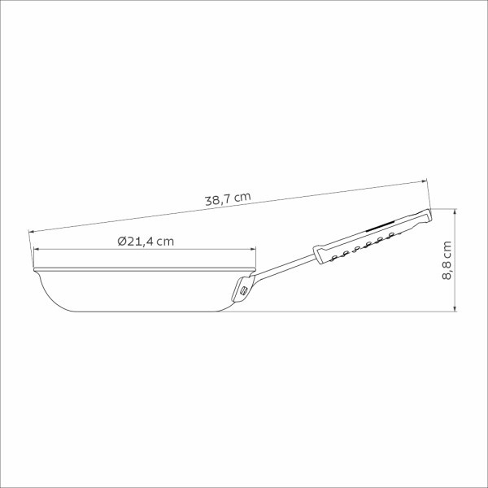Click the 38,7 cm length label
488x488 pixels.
click(227, 197)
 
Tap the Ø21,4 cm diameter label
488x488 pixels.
click(146, 242)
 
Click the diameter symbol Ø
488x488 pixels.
click(121, 242)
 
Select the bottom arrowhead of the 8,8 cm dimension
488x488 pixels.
click(455, 308)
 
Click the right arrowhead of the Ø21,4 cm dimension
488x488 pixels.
click(255, 251)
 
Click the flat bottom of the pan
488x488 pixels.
click(138, 311)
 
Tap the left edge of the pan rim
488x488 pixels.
click(33, 266)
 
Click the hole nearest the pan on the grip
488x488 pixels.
click(333, 257)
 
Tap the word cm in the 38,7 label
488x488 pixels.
click(243, 195)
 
